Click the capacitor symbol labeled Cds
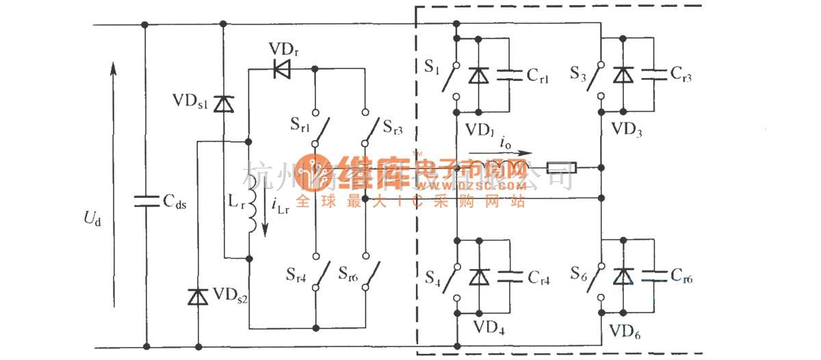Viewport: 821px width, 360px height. (x=144, y=200)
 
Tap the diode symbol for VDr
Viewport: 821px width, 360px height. (x=281, y=68)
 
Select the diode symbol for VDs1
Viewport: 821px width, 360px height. (x=223, y=104)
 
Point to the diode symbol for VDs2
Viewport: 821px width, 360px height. (x=198, y=296)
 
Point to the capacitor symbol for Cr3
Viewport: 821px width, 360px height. (x=653, y=75)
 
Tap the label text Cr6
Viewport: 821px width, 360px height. (x=686, y=277)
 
